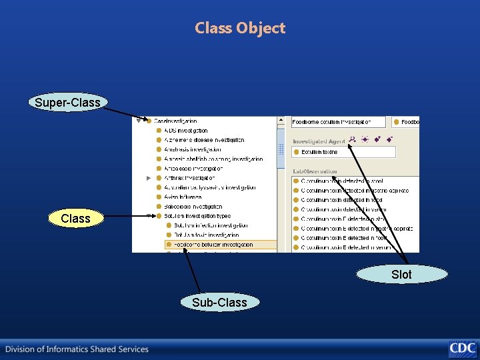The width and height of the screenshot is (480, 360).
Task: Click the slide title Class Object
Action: (240, 28)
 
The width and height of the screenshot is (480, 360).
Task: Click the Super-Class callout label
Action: (67, 102)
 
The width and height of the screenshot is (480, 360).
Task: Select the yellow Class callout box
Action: (75, 218)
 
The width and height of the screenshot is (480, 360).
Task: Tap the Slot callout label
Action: (401, 274)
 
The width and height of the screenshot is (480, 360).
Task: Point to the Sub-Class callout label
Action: (219, 302)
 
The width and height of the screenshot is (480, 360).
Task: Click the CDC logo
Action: (462, 348)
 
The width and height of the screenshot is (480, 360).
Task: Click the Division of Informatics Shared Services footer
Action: (77, 349)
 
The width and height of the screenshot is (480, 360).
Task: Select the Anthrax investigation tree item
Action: (190, 178)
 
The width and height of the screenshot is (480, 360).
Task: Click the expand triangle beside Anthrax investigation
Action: (149, 178)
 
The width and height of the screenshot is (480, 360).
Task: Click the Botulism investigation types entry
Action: (197, 216)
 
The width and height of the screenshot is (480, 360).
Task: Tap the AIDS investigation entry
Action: (186, 131)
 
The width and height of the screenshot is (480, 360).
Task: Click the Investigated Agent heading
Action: (319, 141)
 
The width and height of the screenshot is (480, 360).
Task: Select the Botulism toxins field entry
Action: (320, 152)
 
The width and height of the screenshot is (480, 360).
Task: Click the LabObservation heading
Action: (315, 171)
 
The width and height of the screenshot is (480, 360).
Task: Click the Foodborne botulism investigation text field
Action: (338, 122)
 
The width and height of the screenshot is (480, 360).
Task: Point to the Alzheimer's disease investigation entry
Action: (204, 140)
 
